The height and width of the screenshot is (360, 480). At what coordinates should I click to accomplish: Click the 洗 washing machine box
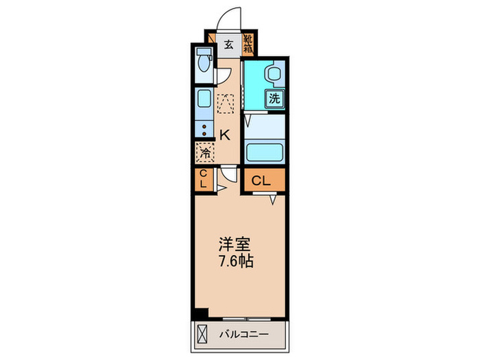274,98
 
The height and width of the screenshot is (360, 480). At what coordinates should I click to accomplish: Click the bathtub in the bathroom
263,152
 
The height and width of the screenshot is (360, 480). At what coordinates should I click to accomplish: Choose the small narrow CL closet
203,180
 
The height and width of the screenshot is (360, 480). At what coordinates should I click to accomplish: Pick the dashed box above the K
226,104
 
